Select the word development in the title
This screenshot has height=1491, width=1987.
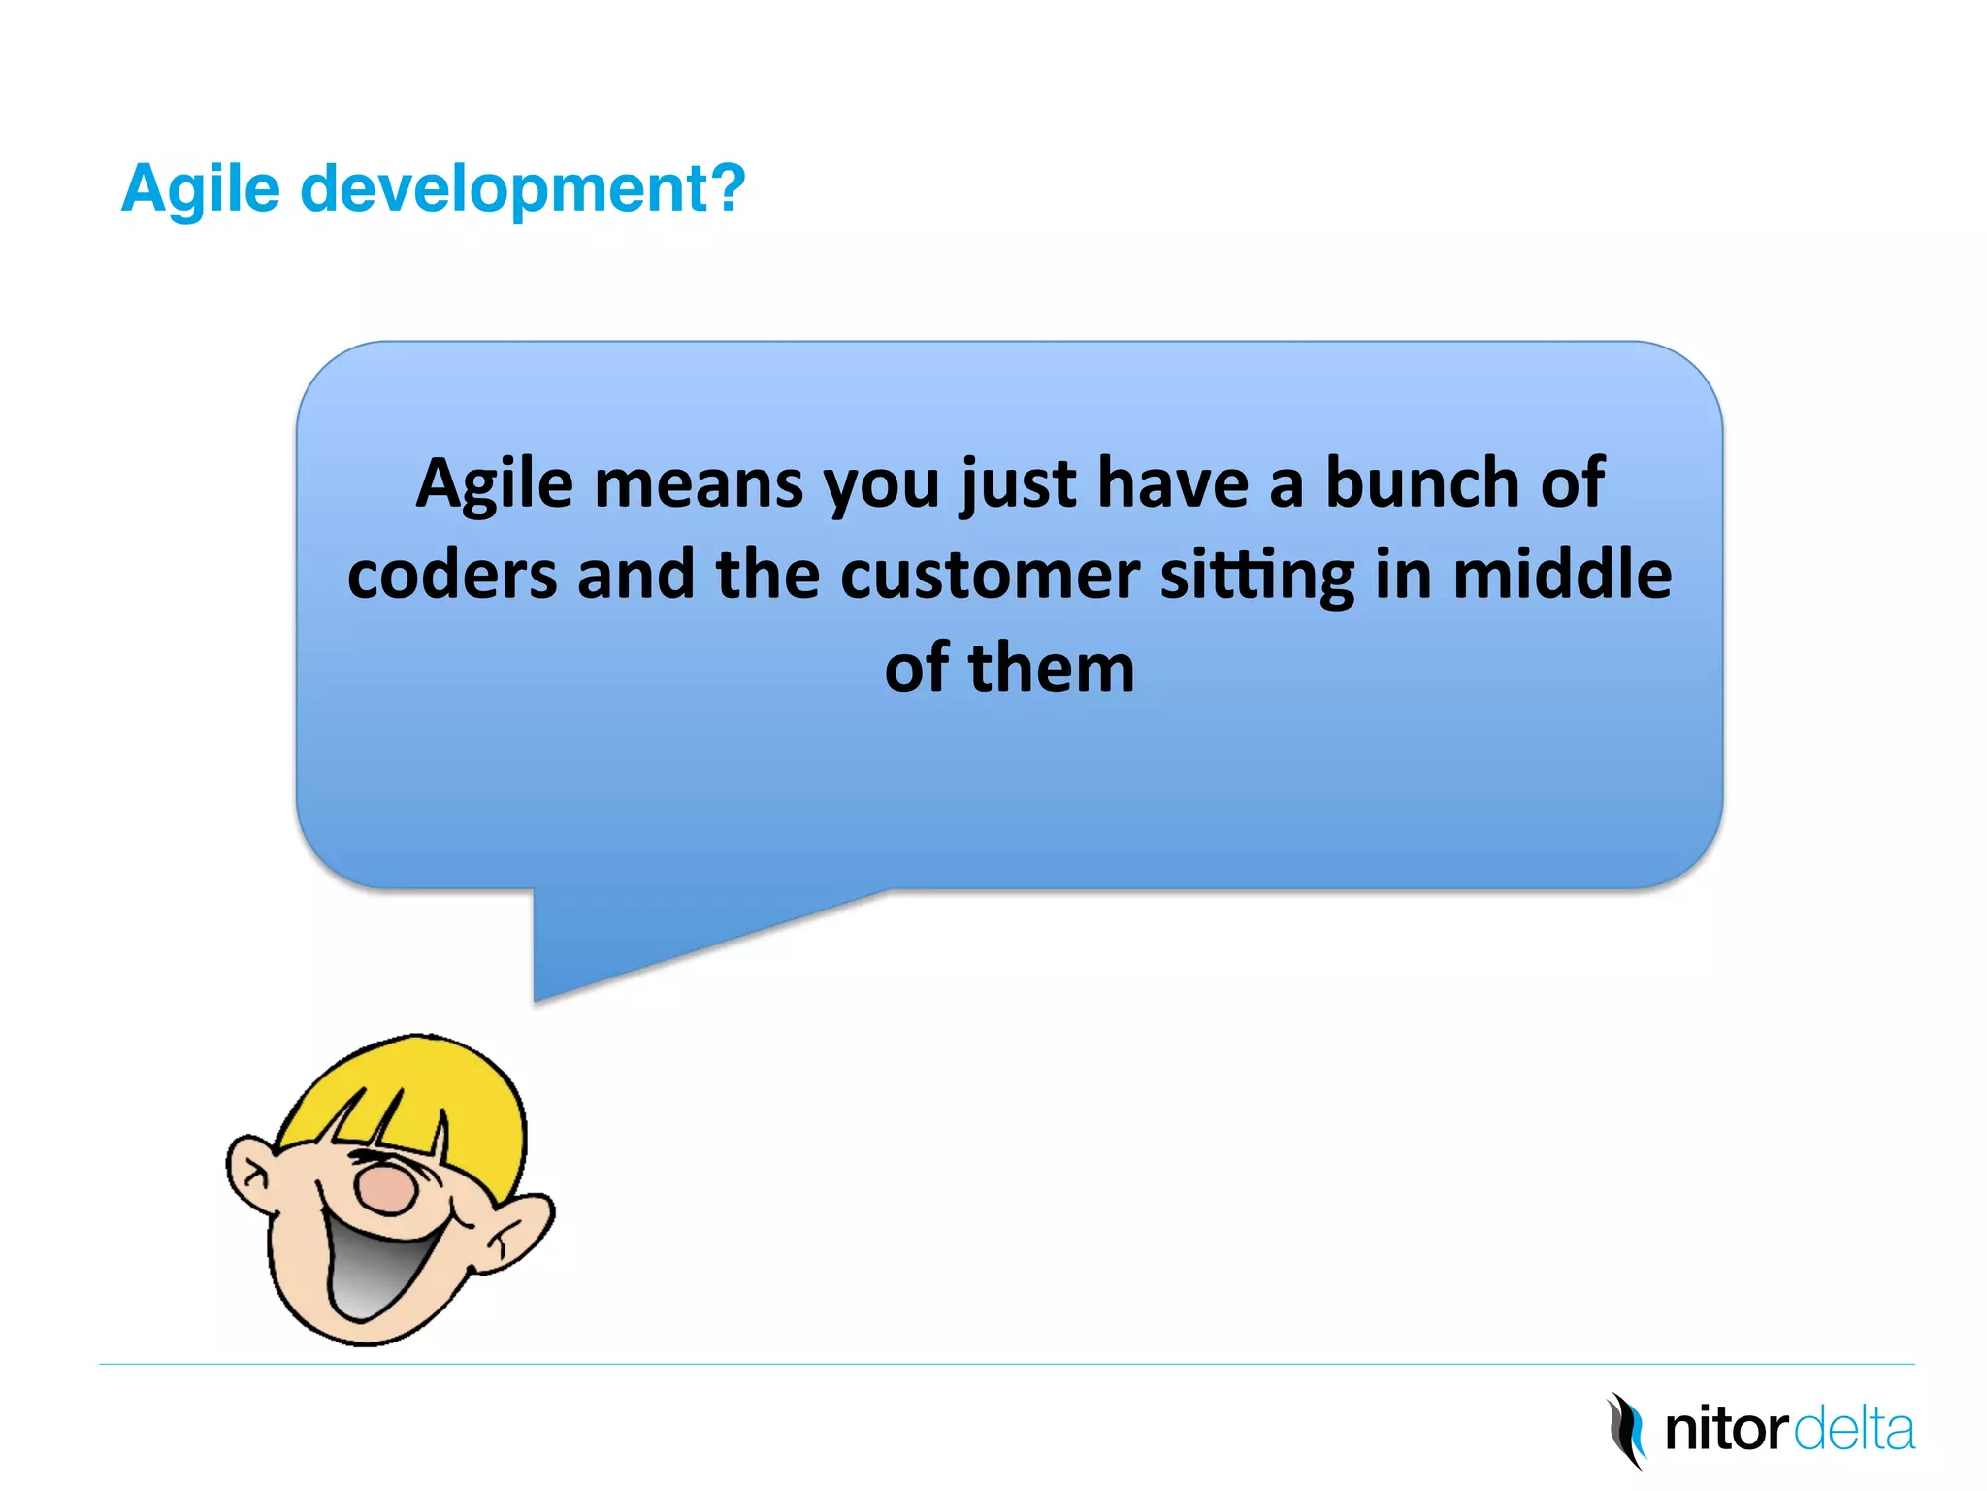(x=505, y=188)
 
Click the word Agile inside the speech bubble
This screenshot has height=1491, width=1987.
(x=495, y=484)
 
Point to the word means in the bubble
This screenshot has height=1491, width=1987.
(x=699, y=484)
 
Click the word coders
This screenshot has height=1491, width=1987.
(x=452, y=575)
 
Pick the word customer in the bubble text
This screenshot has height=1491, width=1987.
(x=990, y=575)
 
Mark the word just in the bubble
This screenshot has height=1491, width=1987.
(x=1019, y=484)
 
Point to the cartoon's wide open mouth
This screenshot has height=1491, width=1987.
(x=378, y=1267)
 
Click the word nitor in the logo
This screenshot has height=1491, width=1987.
(x=1726, y=1430)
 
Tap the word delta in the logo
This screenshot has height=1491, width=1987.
(x=1854, y=1430)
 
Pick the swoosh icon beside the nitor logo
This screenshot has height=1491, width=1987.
(x=1628, y=1430)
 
